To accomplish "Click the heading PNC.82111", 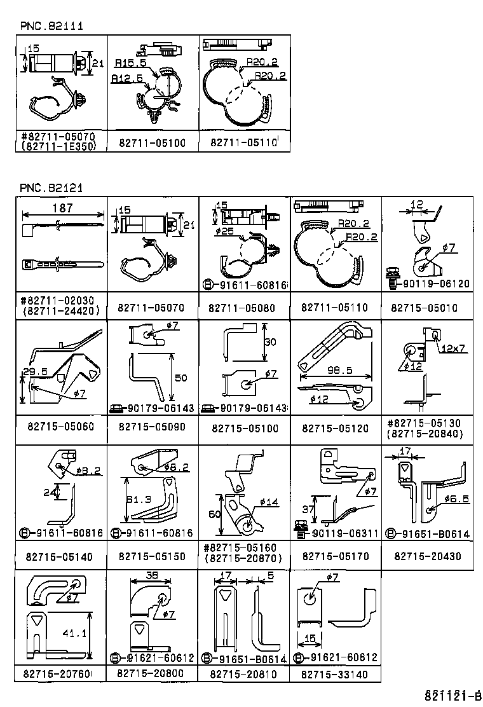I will pyautogui.click(x=51, y=26).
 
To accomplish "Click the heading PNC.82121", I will pyautogui.click(x=51, y=188).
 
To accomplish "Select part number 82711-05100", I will pyautogui.click(x=152, y=143).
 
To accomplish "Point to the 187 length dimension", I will pyautogui.click(x=62, y=208).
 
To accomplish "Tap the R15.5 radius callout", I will pyautogui.click(x=131, y=64).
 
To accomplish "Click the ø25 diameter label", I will pyautogui.click(x=226, y=231).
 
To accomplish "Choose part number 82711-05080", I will pyautogui.click(x=242, y=308).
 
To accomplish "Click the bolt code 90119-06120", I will pyautogui.click(x=435, y=284).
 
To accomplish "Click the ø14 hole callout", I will pyautogui.click(x=269, y=502).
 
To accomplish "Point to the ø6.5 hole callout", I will pyautogui.click(x=456, y=499).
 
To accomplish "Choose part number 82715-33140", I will pyautogui.click(x=334, y=673).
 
